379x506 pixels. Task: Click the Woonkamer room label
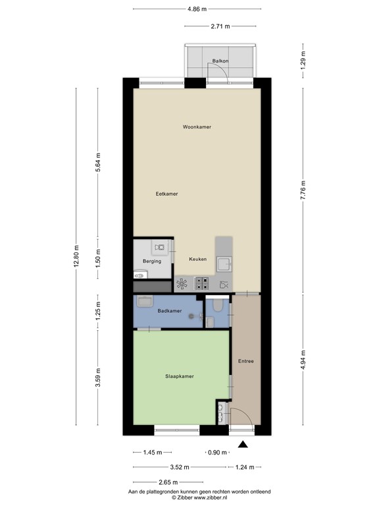tap(197, 126)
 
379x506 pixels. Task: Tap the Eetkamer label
tap(166, 194)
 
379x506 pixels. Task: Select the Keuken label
tap(197, 259)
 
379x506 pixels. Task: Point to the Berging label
tap(152, 262)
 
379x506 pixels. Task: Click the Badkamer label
tap(169, 310)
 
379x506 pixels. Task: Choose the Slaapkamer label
tap(178, 377)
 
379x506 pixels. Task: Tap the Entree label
tap(246, 362)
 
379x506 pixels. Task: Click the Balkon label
tap(220, 61)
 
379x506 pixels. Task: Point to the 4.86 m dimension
tap(197, 9)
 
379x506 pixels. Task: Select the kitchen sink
tap(224, 264)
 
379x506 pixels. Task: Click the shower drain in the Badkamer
tap(192, 316)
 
